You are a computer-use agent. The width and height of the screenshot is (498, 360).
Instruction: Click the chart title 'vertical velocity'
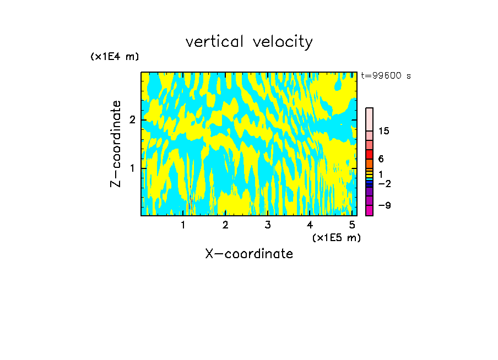click(249, 42)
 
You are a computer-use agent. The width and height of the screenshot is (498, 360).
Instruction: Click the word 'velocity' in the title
click(283, 42)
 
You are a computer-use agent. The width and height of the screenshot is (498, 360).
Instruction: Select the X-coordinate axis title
click(249, 254)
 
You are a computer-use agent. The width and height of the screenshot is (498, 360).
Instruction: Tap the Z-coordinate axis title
click(116, 144)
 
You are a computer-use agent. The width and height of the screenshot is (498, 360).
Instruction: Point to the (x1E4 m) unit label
click(115, 57)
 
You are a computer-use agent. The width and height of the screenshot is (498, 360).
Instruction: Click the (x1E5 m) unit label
click(336, 237)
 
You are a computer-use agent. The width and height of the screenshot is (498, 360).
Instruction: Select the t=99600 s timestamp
click(386, 76)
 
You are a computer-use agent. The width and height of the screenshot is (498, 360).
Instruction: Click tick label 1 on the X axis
click(183, 225)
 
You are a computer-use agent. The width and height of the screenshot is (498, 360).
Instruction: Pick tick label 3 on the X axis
click(268, 225)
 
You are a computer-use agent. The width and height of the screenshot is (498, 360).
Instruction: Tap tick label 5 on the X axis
click(351, 225)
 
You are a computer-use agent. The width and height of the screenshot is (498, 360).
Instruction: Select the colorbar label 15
click(384, 131)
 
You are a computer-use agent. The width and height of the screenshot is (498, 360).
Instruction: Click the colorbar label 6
click(381, 159)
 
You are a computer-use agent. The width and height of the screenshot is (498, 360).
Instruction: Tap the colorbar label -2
click(385, 183)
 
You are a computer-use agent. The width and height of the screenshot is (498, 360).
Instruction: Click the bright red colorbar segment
click(369, 154)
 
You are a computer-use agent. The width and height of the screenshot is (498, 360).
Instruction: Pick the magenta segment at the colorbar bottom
click(369, 210)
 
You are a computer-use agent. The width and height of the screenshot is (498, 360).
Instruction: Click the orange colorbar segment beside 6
click(369, 163)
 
